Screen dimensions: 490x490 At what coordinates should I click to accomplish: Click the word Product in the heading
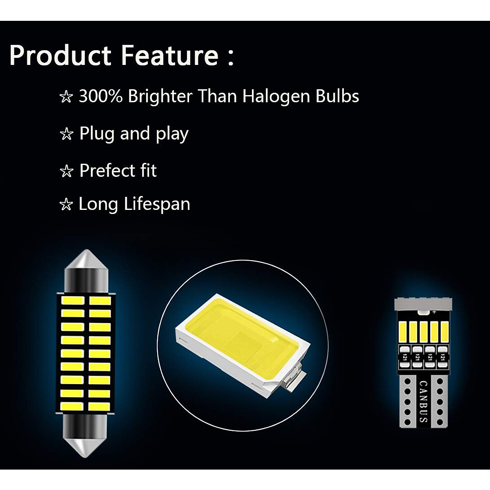(x=60, y=55)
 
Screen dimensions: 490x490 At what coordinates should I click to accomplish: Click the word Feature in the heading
(x=170, y=55)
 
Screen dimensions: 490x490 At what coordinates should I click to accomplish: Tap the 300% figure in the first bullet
(x=100, y=96)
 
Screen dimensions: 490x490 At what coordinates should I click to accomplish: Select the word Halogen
(x=276, y=97)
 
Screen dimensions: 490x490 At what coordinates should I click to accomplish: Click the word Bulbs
(x=337, y=96)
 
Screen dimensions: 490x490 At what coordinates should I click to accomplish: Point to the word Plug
(x=97, y=134)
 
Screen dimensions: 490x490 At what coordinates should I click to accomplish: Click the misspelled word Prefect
(x=107, y=170)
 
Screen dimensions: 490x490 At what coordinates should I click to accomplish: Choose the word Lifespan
(x=157, y=204)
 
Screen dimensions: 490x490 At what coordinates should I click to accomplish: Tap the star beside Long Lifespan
(x=67, y=205)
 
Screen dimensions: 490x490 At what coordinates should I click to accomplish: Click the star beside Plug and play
(x=67, y=134)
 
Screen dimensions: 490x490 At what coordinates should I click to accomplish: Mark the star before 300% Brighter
(x=67, y=97)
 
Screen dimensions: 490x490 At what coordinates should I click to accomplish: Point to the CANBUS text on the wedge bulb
(x=423, y=401)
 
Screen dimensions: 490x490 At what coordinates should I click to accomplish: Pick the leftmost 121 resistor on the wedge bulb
(x=405, y=358)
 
